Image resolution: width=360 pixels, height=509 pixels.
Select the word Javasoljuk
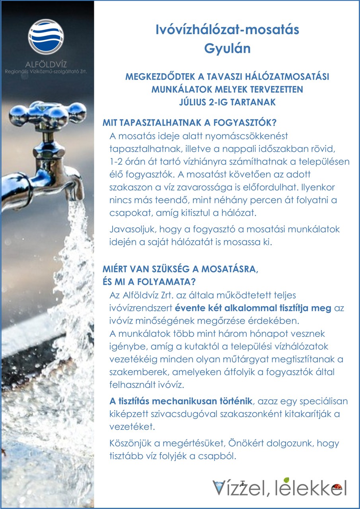(127, 229)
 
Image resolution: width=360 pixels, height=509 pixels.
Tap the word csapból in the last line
(220, 456)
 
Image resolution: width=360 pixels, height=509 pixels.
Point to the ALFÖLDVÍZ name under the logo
(46, 63)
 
